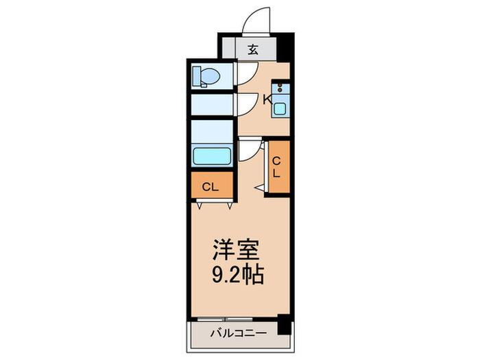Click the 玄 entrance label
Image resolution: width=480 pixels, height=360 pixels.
pyautogui.click(x=252, y=49)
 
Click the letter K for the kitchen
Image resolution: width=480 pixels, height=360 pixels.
pyautogui.click(x=268, y=100)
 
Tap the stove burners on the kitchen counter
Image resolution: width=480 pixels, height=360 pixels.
pyautogui.click(x=280, y=89)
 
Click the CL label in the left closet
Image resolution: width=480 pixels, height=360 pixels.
pyautogui.click(x=211, y=187)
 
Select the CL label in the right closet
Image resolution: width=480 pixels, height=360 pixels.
pyautogui.click(x=277, y=167)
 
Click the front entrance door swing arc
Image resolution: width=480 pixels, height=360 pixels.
pyautogui.click(x=259, y=20)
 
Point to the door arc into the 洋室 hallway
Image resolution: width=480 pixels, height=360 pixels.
pyautogui.click(x=250, y=150)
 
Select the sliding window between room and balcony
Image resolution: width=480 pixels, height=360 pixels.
pyautogui.click(x=237, y=318)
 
